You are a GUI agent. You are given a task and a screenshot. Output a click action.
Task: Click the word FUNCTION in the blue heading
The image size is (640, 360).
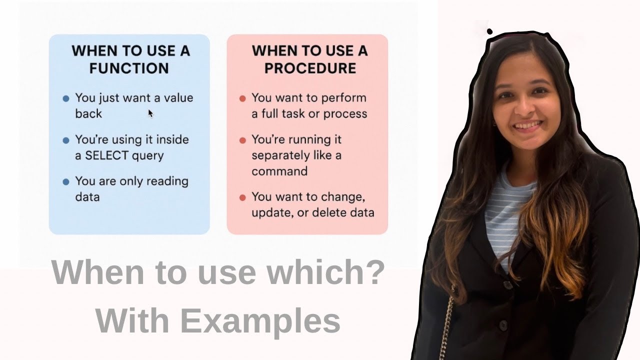point(129,68)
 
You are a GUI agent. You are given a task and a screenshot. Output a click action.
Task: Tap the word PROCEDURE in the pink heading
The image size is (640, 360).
point(310,68)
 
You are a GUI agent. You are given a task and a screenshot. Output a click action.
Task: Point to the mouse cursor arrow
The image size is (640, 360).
point(150,112)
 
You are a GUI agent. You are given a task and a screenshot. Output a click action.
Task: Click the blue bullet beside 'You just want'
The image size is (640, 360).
point(66,98)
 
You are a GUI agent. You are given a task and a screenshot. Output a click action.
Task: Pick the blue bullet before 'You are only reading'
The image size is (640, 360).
point(66,182)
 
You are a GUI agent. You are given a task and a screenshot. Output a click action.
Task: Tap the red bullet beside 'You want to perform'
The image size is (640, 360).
point(242,98)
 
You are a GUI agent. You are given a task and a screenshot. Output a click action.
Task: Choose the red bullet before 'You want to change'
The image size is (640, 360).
point(242,197)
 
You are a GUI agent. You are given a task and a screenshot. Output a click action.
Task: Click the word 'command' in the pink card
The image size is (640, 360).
point(279,171)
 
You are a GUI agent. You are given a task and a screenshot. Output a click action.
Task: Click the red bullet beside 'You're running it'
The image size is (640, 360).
point(242,140)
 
